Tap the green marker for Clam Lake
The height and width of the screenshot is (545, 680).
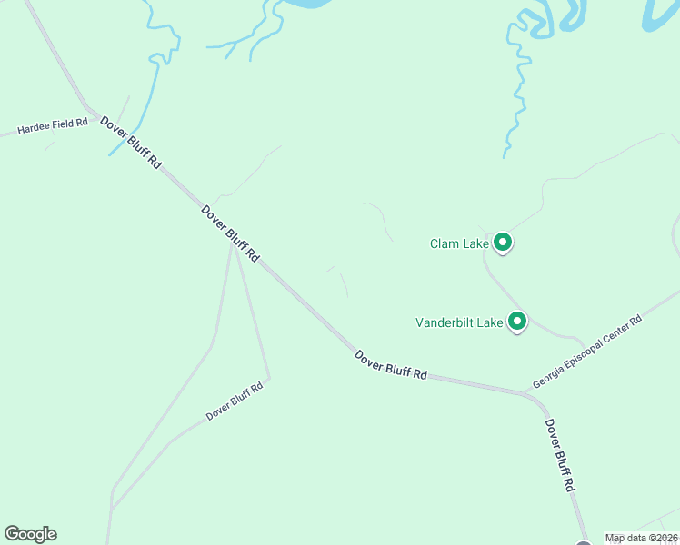point(503,243)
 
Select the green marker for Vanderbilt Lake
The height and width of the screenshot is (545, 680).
point(517,322)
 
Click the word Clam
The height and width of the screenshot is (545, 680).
point(444,243)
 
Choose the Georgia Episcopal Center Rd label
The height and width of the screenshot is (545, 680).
point(587,352)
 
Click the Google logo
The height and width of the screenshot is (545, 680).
point(31,534)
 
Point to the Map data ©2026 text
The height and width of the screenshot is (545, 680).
point(642,538)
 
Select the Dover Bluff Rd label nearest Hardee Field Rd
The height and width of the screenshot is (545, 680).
point(131,143)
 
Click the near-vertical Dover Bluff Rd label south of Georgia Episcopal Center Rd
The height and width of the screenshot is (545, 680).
point(559,455)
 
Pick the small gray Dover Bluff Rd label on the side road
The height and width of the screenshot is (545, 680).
point(234,401)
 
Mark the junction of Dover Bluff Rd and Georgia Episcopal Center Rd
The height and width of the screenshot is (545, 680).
point(525,392)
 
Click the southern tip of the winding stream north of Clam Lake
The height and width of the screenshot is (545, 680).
point(505,157)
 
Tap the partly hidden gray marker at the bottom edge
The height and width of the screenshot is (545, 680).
point(583,543)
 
